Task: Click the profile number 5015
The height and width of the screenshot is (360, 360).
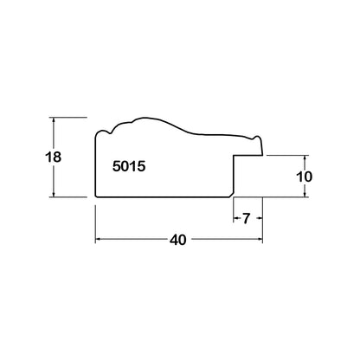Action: click(x=129, y=166)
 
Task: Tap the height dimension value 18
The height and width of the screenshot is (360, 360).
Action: click(x=54, y=157)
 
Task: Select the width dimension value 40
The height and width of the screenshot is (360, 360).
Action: click(x=178, y=240)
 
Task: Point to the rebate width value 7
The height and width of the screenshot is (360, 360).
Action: click(x=246, y=219)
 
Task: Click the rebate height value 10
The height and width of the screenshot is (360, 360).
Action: click(x=305, y=177)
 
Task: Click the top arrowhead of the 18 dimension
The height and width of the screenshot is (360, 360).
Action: click(x=54, y=119)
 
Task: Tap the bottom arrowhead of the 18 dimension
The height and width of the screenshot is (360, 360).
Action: click(x=54, y=195)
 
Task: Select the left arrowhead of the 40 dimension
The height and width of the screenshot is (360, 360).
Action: click(x=98, y=239)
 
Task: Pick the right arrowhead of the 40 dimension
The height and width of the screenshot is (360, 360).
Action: click(x=260, y=239)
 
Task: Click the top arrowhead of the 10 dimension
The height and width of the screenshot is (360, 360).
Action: click(x=305, y=157)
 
